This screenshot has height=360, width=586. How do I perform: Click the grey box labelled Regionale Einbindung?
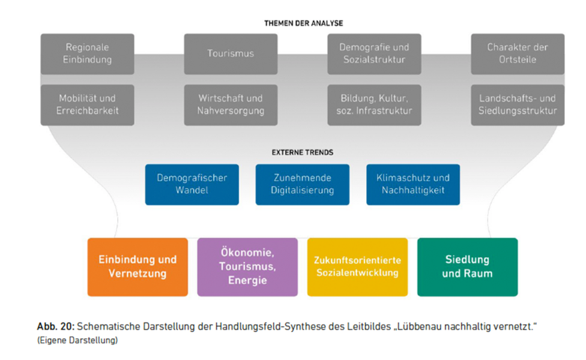tap(88, 53)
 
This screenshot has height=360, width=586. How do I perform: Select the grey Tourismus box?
tap(231, 53)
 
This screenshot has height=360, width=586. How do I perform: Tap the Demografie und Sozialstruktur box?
tap(374, 53)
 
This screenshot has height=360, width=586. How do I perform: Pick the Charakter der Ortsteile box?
tap(518, 53)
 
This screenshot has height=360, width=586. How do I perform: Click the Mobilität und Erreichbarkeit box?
tap(88, 104)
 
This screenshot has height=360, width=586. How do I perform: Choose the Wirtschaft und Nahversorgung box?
tap(231, 104)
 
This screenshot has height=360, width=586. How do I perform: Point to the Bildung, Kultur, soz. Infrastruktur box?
tap(374, 104)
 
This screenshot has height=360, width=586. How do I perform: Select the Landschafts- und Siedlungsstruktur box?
tap(518, 104)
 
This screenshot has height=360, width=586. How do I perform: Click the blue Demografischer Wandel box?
tap(192, 184)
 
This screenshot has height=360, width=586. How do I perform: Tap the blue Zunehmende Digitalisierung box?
tap(302, 184)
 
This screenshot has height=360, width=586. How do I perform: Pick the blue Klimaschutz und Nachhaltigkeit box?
tap(413, 184)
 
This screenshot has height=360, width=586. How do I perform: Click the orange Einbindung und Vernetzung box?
tap(137, 267)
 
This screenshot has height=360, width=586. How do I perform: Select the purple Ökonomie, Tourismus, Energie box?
tap(247, 267)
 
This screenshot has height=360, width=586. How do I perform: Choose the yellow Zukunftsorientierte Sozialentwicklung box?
tap(357, 267)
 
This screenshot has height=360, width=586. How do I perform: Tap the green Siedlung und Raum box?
tap(467, 267)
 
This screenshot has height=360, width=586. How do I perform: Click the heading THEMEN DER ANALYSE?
tap(303, 23)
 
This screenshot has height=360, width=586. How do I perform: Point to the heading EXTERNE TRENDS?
tap(303, 152)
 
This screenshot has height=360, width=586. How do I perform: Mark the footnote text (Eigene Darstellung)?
tap(77, 340)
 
